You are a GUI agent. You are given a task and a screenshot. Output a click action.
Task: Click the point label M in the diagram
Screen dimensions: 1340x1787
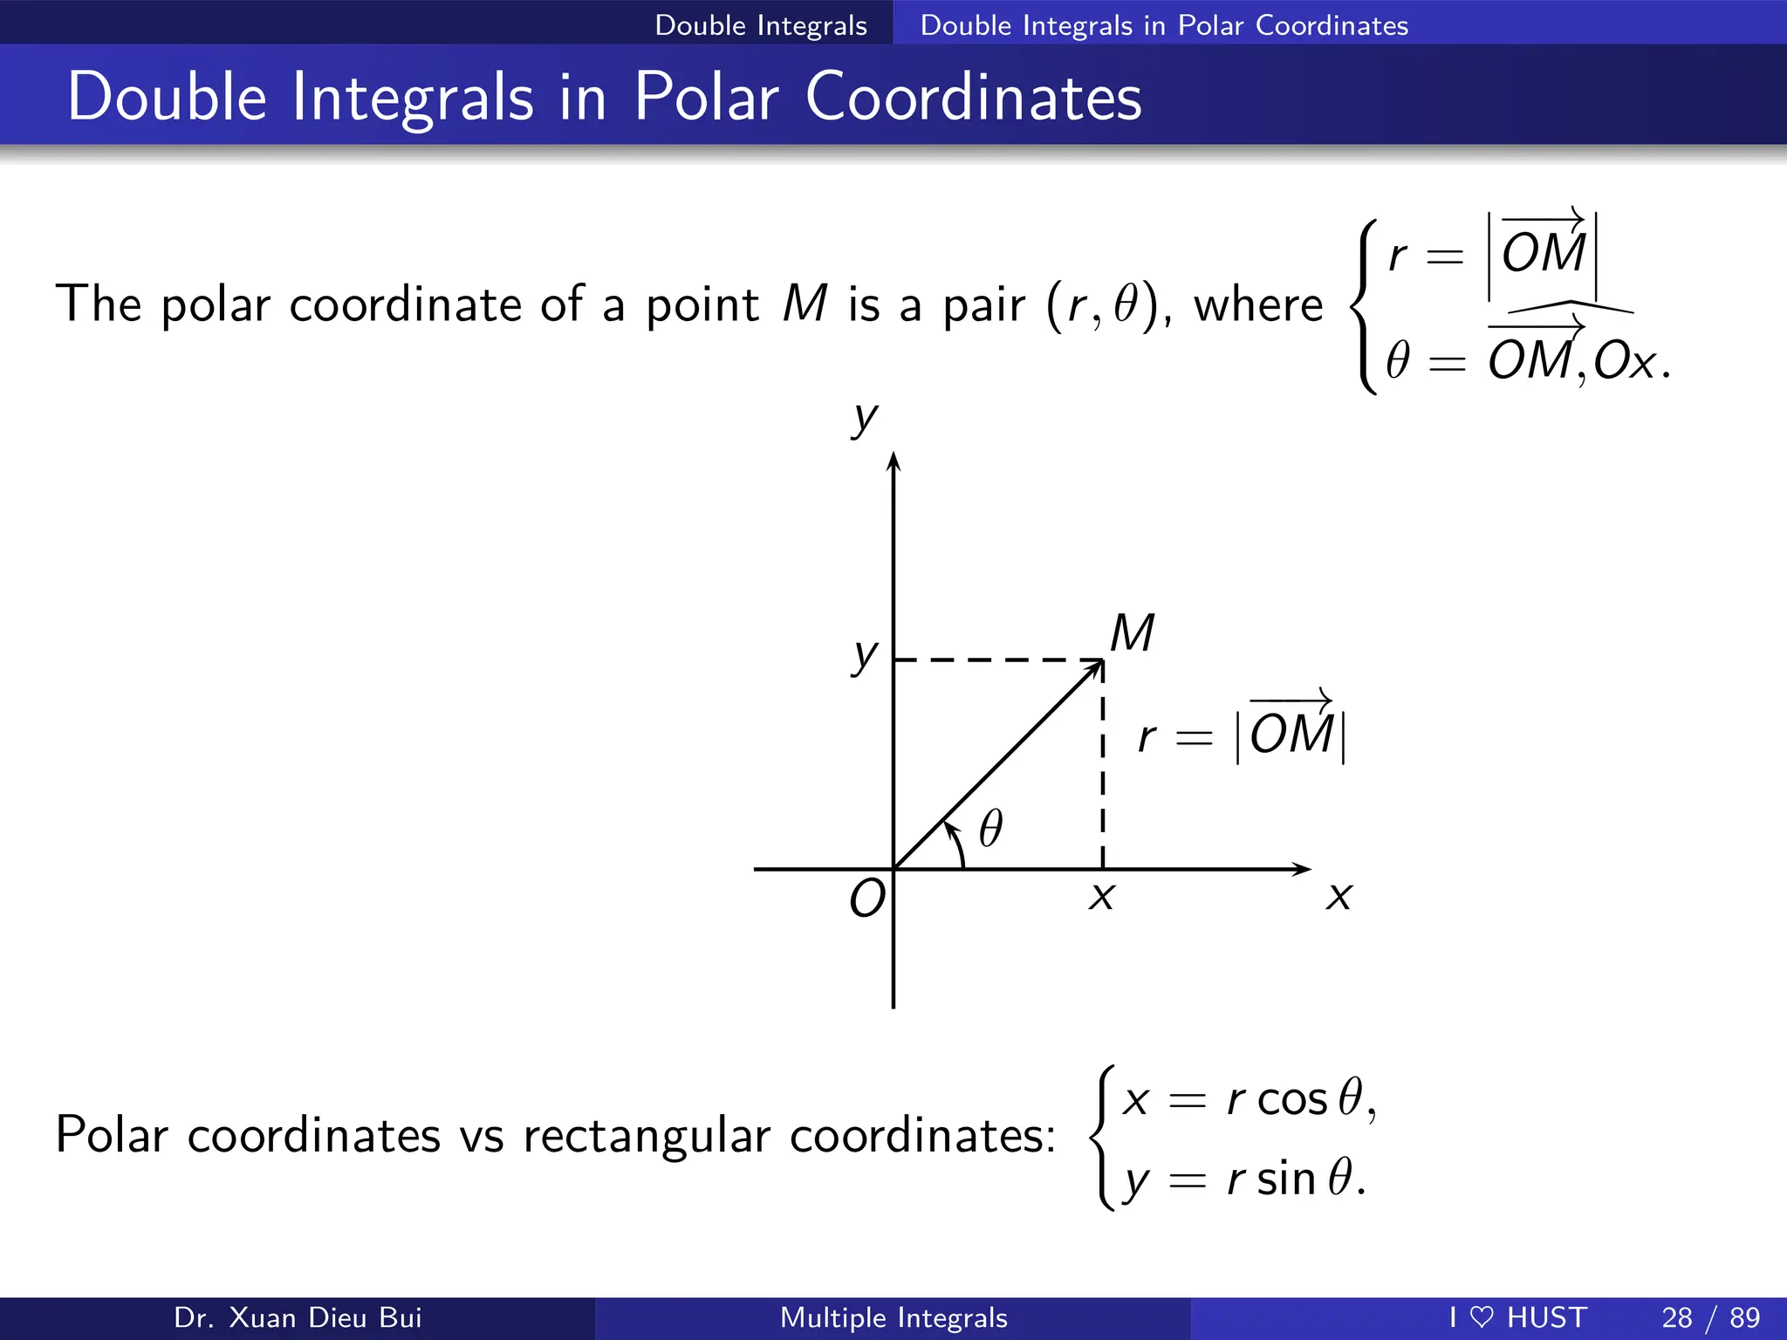[x=1133, y=633]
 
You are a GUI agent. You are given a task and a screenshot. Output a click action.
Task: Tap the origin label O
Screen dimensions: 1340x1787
[x=867, y=899]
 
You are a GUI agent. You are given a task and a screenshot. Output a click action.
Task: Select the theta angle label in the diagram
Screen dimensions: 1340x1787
[x=990, y=828]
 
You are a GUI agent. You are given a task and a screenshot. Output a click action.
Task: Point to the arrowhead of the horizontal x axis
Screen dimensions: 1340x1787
[x=1304, y=869]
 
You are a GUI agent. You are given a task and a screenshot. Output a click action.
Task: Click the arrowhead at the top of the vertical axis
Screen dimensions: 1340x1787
[x=893, y=461]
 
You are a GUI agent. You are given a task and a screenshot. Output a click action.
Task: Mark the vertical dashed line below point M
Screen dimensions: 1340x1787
[x=1103, y=768]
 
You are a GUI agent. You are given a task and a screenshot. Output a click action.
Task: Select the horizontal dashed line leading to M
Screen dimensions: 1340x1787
[x=995, y=660]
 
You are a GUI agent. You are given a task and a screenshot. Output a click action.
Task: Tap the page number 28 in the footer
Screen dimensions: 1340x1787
[x=1677, y=1317]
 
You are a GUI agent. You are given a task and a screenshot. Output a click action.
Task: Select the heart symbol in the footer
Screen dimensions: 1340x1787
[x=1482, y=1316]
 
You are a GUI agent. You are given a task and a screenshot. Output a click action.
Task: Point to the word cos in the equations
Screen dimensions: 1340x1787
[x=1291, y=1099]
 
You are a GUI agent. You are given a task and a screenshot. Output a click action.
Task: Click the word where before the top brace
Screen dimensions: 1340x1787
[x=1257, y=304]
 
